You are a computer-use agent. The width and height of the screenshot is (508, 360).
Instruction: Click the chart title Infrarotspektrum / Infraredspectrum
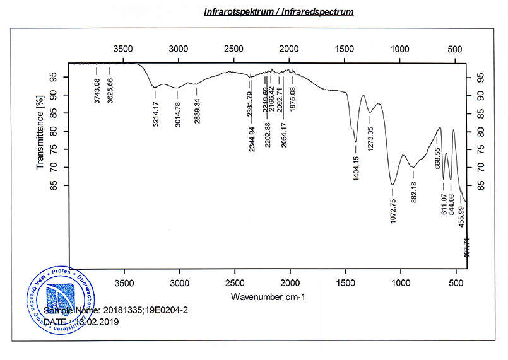pos(278,11)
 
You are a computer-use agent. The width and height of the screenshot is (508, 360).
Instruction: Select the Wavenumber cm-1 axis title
pos(268,296)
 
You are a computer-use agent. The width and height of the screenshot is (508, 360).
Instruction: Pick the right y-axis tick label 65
pos(481,185)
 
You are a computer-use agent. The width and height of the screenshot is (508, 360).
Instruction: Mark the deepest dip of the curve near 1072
pos(393,185)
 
